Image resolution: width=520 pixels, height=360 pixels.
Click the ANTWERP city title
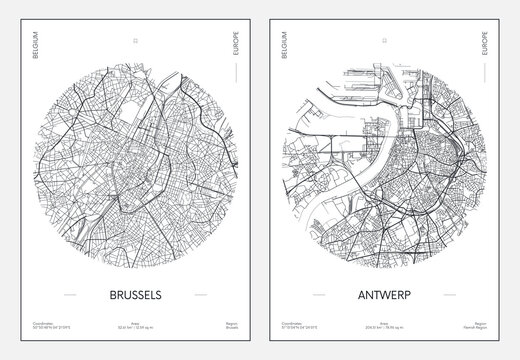pos(384,297)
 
